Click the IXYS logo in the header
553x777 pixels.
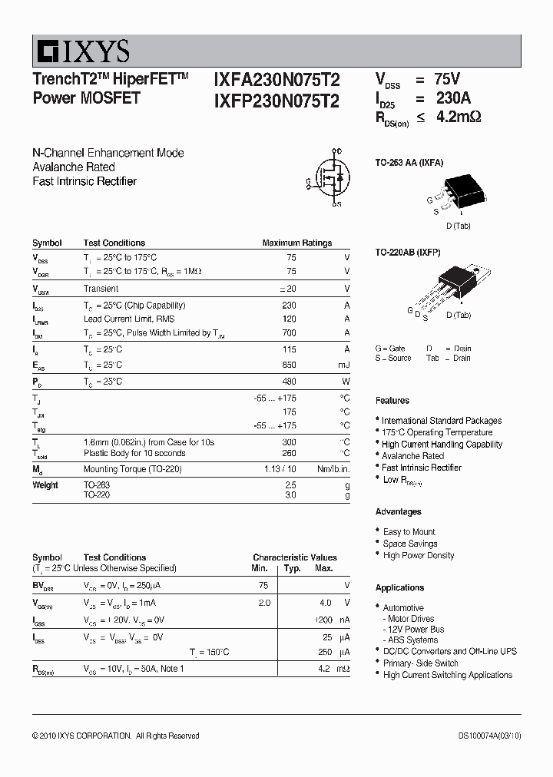tap(81, 51)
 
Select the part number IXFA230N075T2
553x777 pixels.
tap(276, 80)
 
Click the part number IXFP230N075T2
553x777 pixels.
tap(276, 99)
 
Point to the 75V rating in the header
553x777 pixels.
tap(448, 79)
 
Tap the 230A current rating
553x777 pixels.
tap(452, 98)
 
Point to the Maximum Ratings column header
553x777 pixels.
tap(297, 243)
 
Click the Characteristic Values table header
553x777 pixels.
tap(295, 557)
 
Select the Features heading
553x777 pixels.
tap(392, 401)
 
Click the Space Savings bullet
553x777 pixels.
tap(410, 544)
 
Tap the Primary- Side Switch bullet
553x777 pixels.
tap(420, 663)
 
